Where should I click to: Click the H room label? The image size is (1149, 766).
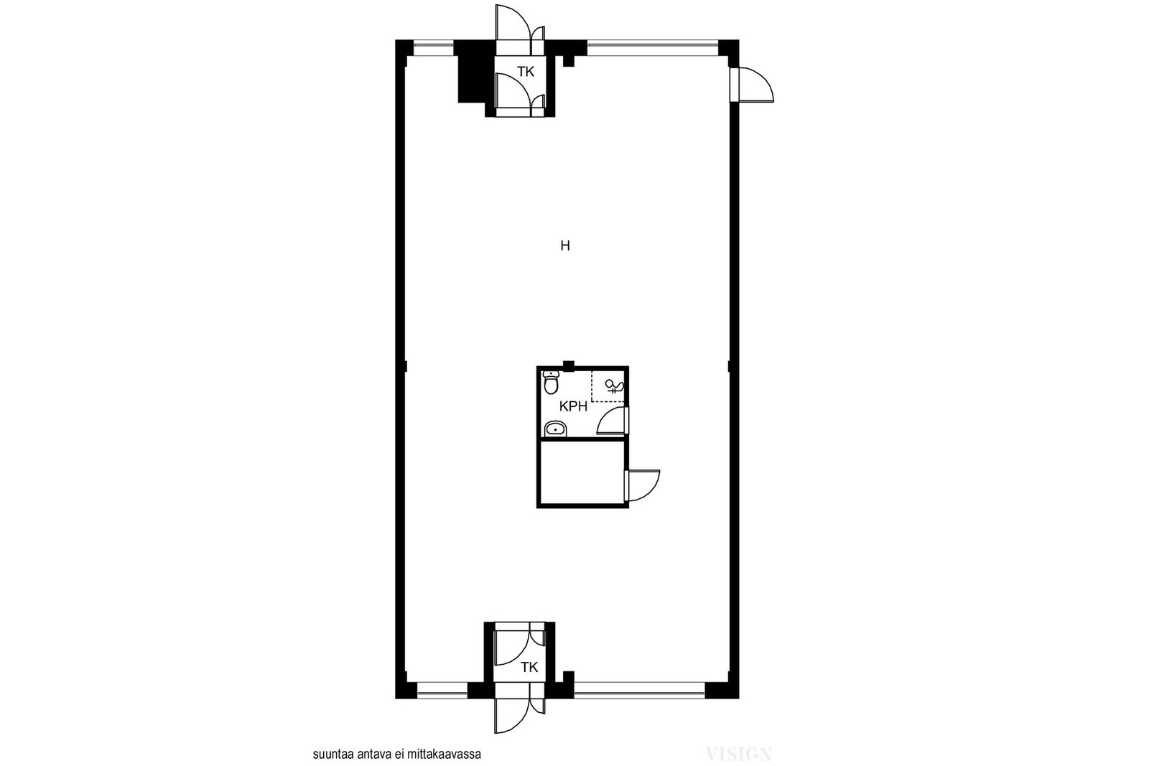pos(564,246)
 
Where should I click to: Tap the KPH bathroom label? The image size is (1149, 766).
pos(573,406)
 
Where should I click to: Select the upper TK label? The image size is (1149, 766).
pos(526,72)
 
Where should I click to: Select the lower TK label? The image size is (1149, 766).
pos(529,667)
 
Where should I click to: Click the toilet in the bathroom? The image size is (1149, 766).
pos(551,382)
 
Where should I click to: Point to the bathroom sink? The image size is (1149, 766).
pos(555,429)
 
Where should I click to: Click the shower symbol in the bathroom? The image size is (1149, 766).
pos(613,386)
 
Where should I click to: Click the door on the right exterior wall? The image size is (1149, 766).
pos(752,85)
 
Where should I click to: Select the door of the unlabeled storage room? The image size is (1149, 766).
pos(643,485)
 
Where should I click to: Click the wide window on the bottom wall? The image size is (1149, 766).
pos(640,690)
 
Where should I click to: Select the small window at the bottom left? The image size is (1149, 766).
pos(442,690)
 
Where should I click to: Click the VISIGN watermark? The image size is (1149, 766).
pos(739,755)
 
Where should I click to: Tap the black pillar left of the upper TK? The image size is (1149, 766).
pos(472,72)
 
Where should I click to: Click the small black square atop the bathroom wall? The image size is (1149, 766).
pos(568,365)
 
